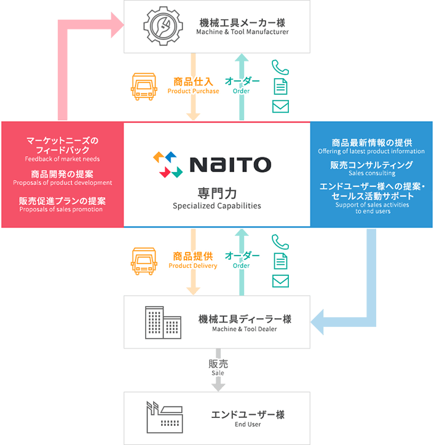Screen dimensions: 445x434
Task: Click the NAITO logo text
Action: click(x=230, y=164)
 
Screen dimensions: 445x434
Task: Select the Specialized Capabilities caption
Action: click(x=217, y=206)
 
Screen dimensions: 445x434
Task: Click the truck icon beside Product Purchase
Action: click(x=144, y=87)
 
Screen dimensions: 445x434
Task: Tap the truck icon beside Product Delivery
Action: click(x=144, y=261)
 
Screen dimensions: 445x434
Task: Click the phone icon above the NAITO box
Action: click(x=280, y=66)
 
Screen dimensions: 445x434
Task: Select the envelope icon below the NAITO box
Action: click(x=280, y=282)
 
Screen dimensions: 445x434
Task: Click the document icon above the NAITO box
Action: click(x=280, y=86)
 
